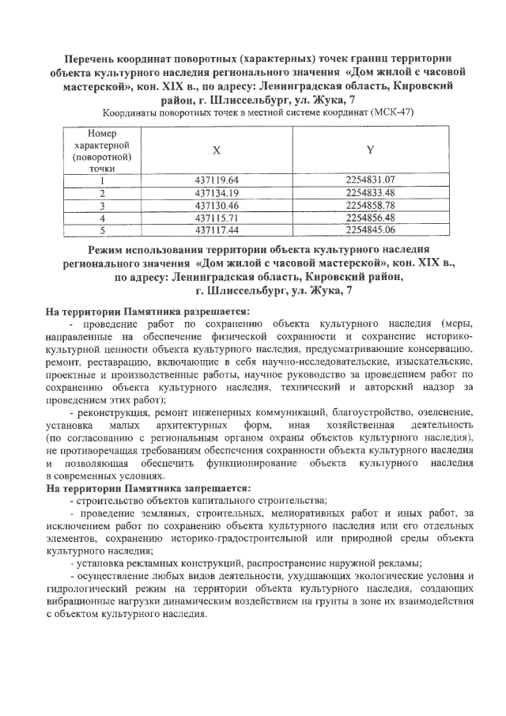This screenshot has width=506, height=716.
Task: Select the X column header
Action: pyautogui.click(x=217, y=150)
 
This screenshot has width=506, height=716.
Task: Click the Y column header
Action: pyautogui.click(x=370, y=150)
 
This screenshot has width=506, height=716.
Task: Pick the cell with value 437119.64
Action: pyautogui.click(x=217, y=180)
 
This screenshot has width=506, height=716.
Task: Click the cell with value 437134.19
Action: pyautogui.click(x=217, y=192)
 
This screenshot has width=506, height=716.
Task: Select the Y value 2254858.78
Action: pyautogui.click(x=370, y=204)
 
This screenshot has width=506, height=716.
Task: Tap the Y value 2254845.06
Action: pyautogui.click(x=370, y=229)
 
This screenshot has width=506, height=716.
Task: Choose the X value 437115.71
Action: pyautogui.click(x=217, y=217)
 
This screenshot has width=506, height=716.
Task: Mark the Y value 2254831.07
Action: pyautogui.click(x=370, y=180)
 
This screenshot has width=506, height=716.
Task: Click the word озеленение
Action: pyautogui.click(x=444, y=412)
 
